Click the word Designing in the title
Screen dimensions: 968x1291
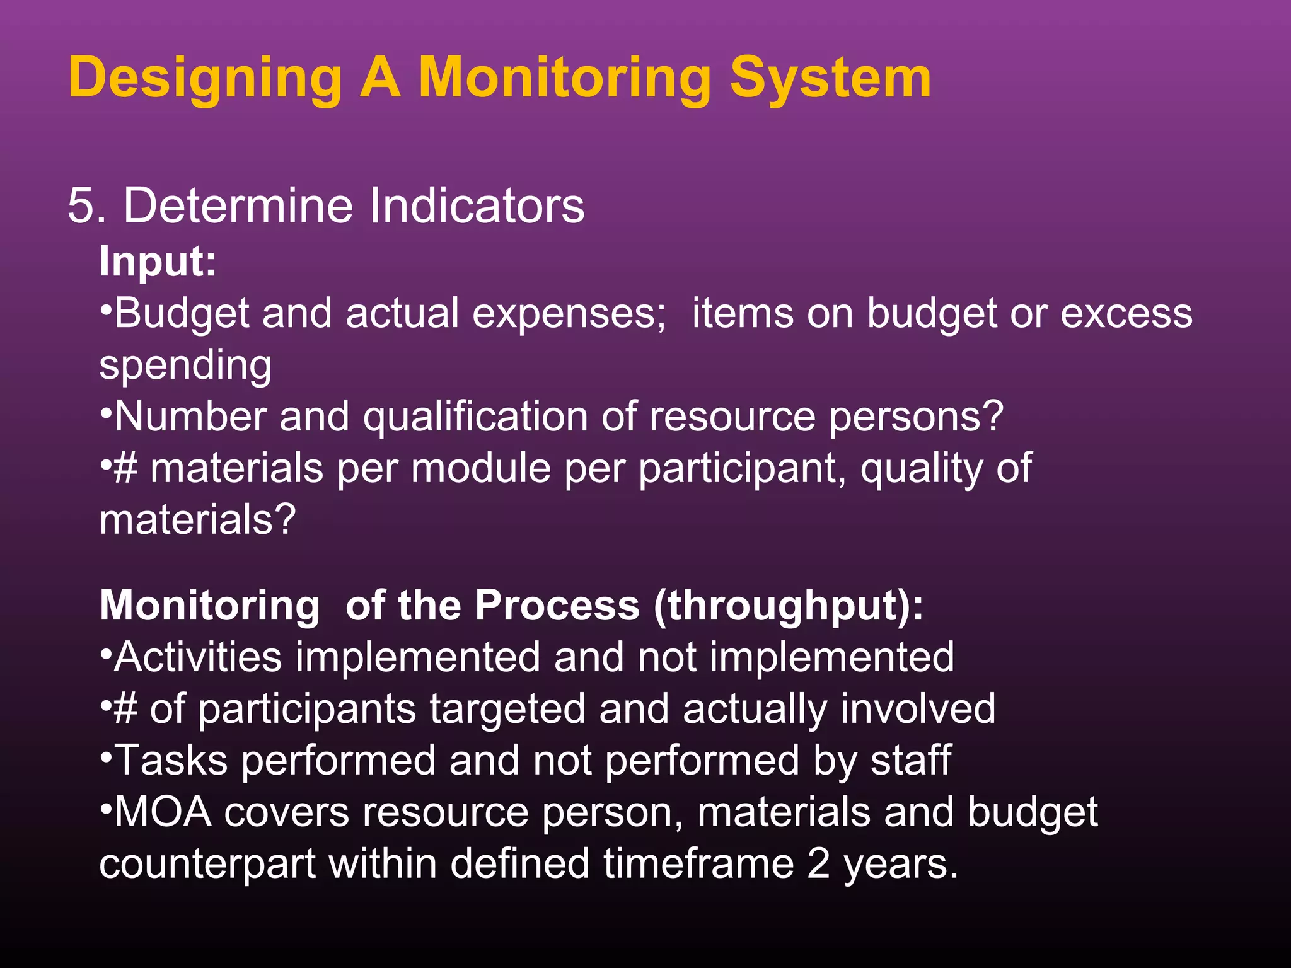(205, 79)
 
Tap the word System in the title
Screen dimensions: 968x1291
(830, 79)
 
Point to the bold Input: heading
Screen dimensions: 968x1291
(158, 261)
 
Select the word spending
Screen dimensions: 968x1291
(185, 366)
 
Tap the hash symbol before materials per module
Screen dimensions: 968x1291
(125, 469)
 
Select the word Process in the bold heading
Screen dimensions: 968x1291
(557, 606)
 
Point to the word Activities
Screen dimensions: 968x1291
(198, 657)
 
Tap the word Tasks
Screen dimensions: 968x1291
(171, 761)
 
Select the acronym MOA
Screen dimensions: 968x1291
(163, 812)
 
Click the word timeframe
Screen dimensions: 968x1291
(698, 864)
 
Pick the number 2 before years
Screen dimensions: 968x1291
(818, 864)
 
